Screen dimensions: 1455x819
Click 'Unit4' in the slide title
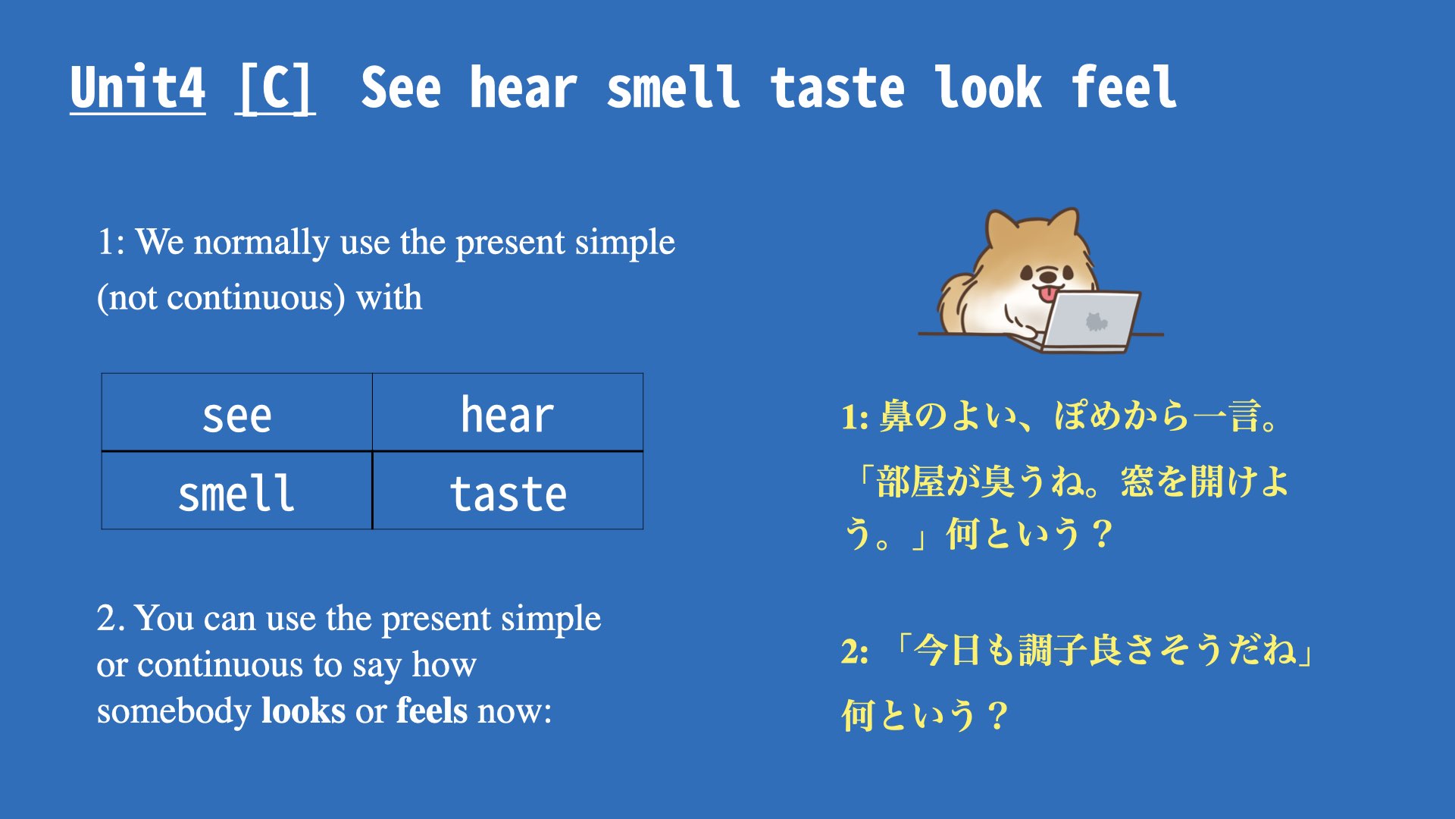point(137,88)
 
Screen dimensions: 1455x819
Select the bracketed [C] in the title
point(275,89)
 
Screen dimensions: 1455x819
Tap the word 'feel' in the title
point(1124,88)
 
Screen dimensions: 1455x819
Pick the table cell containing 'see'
point(237,413)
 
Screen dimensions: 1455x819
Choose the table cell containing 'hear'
point(508,413)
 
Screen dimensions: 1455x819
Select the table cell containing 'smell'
point(237,491)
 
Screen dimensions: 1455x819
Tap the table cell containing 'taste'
point(508,491)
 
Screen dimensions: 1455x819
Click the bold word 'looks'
point(303,711)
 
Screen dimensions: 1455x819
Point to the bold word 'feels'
point(432,711)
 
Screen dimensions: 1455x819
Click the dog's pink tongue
point(1047,294)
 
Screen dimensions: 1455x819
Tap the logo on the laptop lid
point(1096,322)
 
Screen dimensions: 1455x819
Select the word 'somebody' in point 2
point(174,711)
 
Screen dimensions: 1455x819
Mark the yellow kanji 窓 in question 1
point(1137,482)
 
